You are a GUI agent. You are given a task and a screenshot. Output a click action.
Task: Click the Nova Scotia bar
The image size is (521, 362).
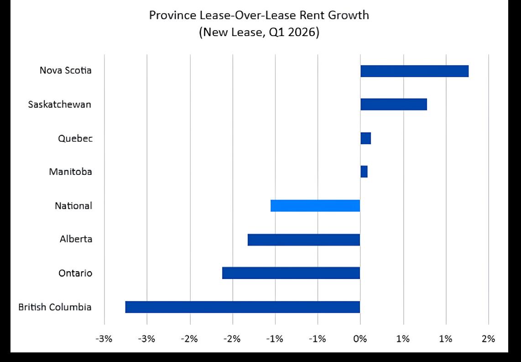click(414, 71)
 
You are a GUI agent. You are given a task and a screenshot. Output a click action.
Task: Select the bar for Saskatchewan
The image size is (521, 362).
click(394, 105)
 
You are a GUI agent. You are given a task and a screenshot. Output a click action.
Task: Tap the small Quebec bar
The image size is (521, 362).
click(365, 138)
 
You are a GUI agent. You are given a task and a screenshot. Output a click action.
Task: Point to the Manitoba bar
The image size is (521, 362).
click(364, 172)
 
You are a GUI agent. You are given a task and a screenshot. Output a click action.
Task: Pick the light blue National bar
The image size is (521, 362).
click(315, 206)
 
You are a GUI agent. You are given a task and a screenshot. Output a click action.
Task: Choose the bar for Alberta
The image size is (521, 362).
click(304, 240)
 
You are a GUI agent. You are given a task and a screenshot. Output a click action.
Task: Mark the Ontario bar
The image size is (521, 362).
click(291, 273)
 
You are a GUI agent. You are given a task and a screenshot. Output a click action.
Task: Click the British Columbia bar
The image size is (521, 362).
click(243, 307)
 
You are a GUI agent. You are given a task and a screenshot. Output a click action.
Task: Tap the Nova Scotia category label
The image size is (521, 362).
click(65, 70)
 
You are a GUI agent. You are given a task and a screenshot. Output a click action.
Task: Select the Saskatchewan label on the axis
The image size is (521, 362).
click(59, 105)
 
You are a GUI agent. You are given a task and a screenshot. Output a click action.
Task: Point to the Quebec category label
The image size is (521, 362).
click(75, 138)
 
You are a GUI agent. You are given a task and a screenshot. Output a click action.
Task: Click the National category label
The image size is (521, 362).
click(73, 206)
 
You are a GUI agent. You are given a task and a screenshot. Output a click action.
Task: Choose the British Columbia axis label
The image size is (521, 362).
click(55, 306)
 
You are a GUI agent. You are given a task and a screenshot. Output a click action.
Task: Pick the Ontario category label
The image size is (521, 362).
click(75, 273)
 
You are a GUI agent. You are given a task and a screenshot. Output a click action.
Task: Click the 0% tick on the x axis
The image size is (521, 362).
click(360, 339)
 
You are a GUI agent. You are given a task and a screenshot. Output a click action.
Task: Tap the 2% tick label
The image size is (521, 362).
click(489, 339)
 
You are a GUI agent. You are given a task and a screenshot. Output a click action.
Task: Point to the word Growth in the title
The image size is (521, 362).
click(349, 15)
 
